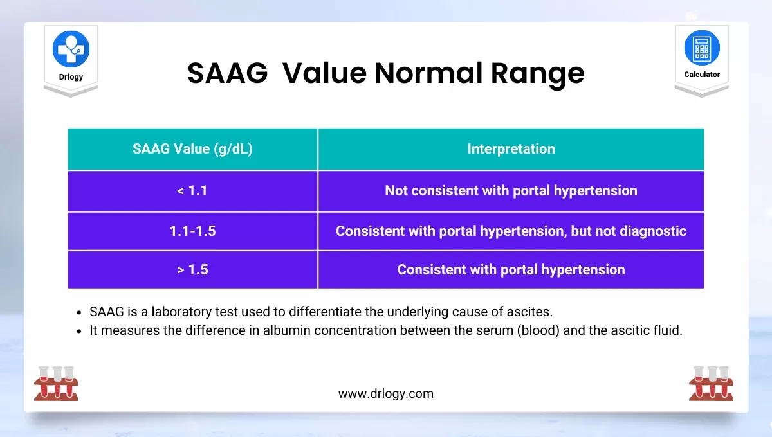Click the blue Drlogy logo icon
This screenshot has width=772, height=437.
71,49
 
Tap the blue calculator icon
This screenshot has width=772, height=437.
702,48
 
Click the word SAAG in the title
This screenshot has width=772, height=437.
228,73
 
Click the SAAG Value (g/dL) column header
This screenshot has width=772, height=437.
192,148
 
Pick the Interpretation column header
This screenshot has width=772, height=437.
511,148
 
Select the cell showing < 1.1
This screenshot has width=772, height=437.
192,191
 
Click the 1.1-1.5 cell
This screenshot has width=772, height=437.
192,231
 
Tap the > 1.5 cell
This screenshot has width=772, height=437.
192,270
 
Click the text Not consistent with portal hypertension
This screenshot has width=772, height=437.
511,191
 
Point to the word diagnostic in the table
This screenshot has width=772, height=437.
653,231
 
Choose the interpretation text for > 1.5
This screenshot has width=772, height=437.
511,270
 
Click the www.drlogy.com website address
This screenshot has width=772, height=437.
386,393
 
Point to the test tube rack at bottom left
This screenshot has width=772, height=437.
56,383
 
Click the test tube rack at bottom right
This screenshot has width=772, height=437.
712,383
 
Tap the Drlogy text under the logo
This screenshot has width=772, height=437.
71,76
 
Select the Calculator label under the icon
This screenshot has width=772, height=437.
702,75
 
